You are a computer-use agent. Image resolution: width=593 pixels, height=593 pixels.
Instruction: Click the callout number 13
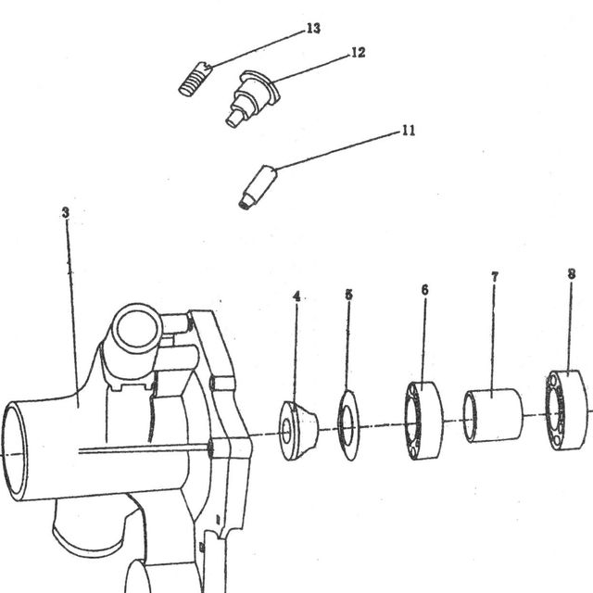pyautogui.click(x=313, y=29)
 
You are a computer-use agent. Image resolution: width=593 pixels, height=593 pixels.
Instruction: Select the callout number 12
pyautogui.click(x=359, y=52)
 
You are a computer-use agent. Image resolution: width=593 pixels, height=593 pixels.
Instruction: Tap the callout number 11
pyautogui.click(x=408, y=131)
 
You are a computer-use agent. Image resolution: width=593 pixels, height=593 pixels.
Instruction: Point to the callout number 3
pyautogui.click(x=66, y=212)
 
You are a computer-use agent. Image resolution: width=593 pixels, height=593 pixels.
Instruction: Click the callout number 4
pyautogui.click(x=296, y=296)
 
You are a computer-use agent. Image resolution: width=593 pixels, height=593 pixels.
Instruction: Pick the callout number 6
pyautogui.click(x=424, y=290)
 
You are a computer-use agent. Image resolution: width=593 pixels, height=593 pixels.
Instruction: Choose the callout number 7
pyautogui.click(x=495, y=277)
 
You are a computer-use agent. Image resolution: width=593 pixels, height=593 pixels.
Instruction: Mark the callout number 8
pyautogui.click(x=572, y=274)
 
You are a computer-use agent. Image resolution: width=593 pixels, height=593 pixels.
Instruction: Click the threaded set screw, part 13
pyautogui.click(x=194, y=79)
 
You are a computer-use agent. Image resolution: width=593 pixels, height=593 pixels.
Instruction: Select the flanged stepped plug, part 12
pyautogui.click(x=253, y=98)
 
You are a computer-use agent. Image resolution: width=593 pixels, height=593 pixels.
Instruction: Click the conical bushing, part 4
pyautogui.click(x=298, y=431)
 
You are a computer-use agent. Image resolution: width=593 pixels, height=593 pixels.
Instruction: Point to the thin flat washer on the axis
pyautogui.click(x=348, y=425)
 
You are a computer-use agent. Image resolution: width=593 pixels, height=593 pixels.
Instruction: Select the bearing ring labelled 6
pyautogui.click(x=424, y=421)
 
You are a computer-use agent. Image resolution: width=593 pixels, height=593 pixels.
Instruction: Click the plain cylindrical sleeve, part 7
pyautogui.click(x=494, y=415)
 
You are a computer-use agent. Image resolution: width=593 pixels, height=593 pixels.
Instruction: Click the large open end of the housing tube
pyautogui.click(x=15, y=451)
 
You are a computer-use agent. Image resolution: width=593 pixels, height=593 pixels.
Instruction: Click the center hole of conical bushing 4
pyautogui.click(x=286, y=431)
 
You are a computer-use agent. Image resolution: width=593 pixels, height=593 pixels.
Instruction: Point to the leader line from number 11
pyautogui.click(x=338, y=151)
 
